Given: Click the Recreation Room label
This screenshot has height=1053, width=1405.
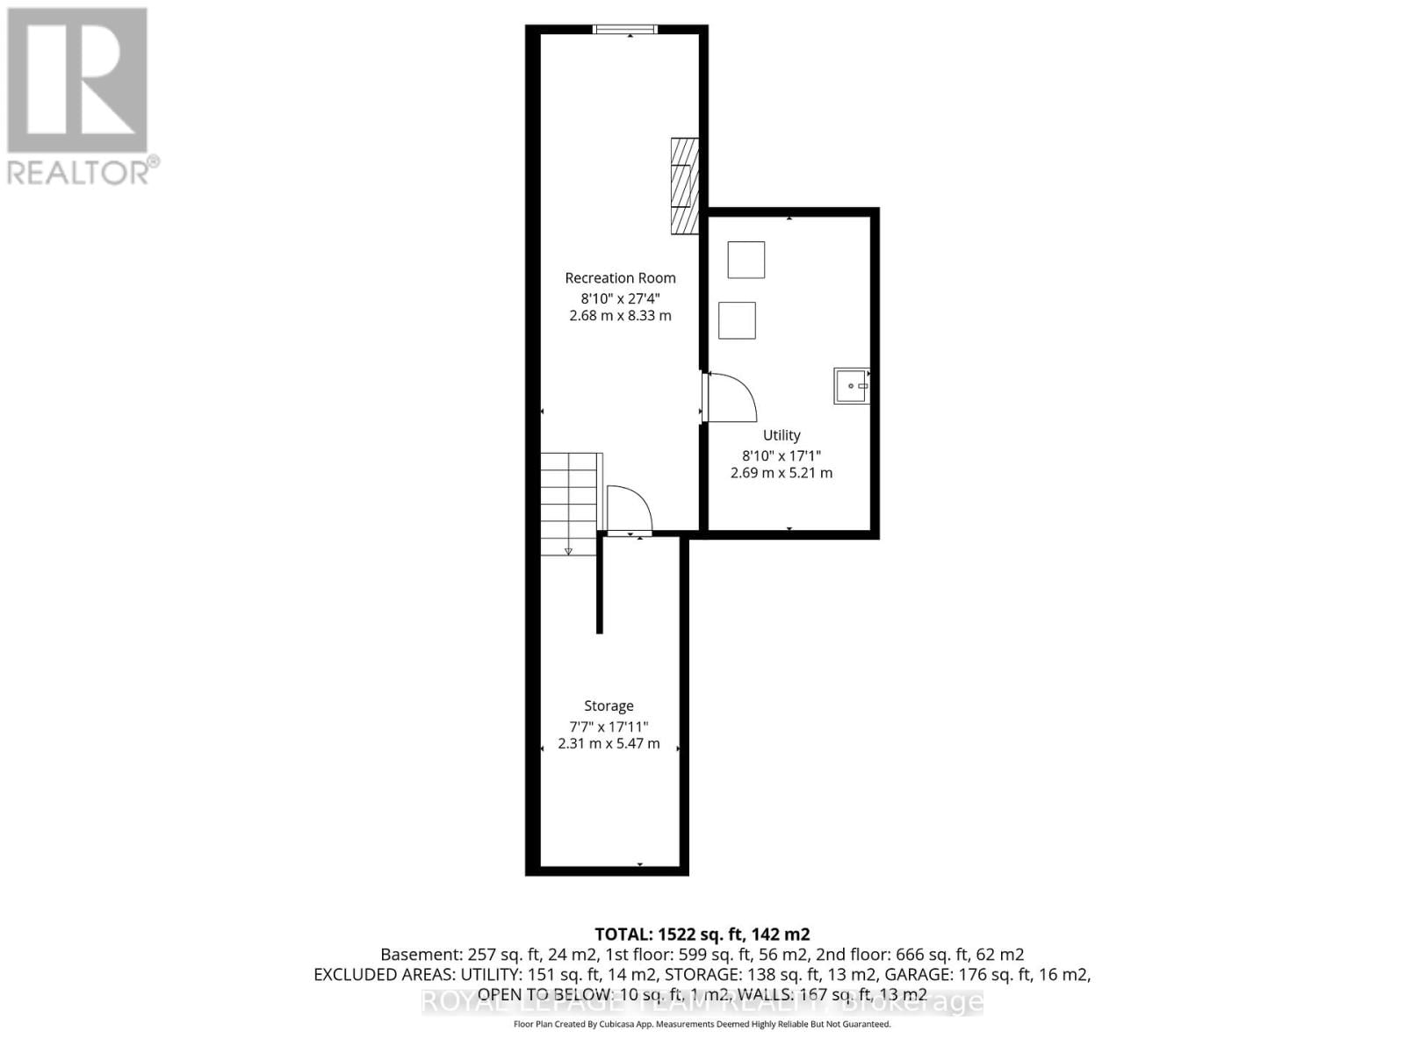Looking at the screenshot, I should point(620,278).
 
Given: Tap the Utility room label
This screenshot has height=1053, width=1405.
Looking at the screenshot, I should point(782,435).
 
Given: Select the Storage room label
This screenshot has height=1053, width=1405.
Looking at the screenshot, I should point(609,706).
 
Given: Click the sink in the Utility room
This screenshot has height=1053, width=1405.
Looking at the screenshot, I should point(851,386).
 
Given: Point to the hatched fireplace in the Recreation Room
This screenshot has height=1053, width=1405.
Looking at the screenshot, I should point(685,186).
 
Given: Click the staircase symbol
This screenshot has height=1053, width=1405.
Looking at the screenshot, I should point(569,504).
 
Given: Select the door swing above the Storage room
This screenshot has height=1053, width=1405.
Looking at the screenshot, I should point(629,510).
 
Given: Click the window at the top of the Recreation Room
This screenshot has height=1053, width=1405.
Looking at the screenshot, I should point(625,30).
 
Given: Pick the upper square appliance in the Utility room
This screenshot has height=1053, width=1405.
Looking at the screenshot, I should point(746,260).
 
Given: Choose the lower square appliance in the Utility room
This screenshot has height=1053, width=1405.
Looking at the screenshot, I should point(738,320).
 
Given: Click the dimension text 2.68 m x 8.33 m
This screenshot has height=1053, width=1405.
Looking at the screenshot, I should point(620,316).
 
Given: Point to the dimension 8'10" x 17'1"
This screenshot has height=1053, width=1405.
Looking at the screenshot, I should point(782,455).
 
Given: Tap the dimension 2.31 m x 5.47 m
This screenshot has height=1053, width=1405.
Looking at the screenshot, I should point(609,744).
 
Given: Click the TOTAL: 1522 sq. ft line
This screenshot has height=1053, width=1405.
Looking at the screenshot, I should point(702,935).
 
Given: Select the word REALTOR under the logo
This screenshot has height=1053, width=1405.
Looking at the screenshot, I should point(79,172).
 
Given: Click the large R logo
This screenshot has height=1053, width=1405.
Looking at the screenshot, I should point(77,81).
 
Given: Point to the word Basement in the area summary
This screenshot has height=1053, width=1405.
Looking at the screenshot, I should point(413,955).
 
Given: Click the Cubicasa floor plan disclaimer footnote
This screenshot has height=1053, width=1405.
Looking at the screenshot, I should point(702,1024).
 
